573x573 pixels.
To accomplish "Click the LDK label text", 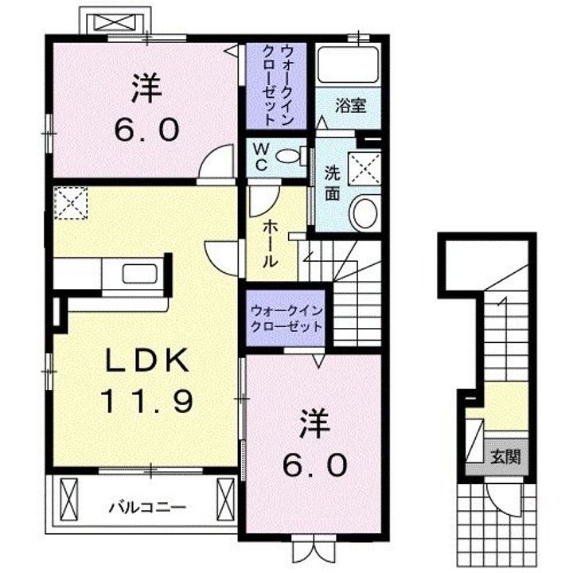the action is [147, 361].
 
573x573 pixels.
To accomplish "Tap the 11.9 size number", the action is [146, 401].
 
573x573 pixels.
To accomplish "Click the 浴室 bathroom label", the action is [350, 106].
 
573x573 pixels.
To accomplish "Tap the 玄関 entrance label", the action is [505, 457].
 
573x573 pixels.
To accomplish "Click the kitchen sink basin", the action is [140, 274].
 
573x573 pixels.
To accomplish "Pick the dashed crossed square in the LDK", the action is [71, 203].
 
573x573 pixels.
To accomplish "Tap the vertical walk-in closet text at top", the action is [279, 85].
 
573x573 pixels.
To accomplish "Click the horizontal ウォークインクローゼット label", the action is [286, 318].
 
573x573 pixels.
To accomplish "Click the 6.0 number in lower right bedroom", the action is [314, 465].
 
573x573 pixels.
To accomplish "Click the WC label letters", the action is [260, 157].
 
